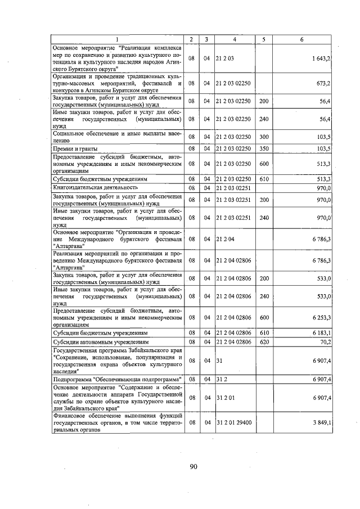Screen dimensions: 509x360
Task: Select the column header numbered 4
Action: [235, 39]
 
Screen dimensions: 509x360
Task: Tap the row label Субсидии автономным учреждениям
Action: [101, 341]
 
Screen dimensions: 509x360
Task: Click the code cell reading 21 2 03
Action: [224, 58]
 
